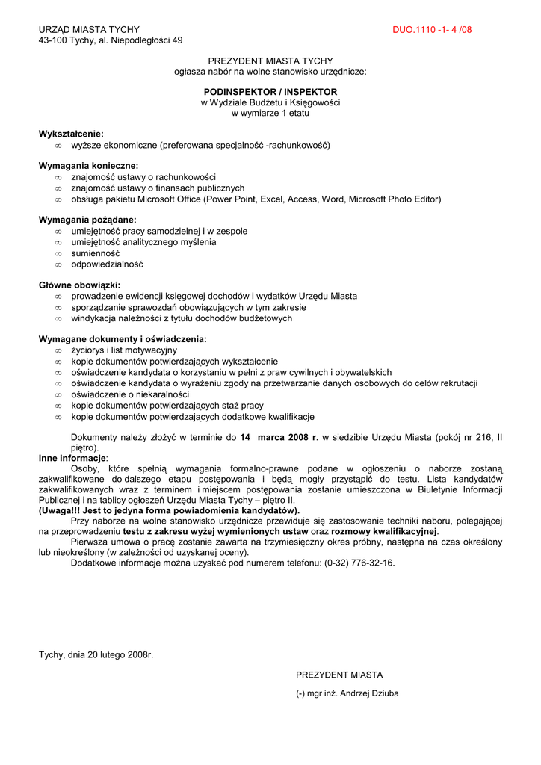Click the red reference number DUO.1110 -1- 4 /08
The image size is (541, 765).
click(432, 30)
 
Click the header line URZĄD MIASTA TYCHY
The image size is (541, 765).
click(84, 29)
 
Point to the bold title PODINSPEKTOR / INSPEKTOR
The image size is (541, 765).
click(270, 91)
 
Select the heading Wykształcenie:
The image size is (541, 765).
click(71, 134)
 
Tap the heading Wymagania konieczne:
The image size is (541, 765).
click(88, 166)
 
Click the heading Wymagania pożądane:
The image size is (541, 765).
click(87, 220)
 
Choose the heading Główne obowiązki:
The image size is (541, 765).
click(79, 285)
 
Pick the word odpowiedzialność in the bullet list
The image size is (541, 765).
click(107, 264)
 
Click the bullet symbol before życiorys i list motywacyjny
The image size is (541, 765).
click(58, 350)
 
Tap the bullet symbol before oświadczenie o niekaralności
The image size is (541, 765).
click(58, 394)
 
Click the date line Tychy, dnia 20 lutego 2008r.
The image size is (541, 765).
click(96, 655)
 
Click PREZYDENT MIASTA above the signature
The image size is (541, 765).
click(339, 675)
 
